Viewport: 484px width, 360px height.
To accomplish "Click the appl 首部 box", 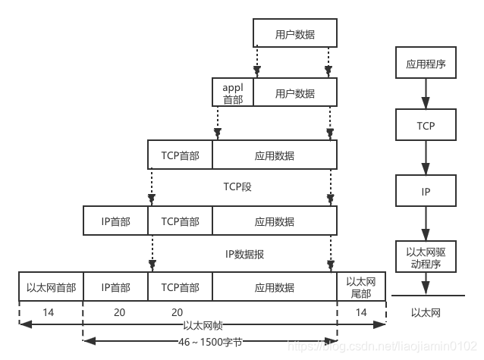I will [233, 93].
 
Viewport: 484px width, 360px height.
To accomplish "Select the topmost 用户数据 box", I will [295, 34].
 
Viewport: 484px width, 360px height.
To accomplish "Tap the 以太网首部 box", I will [51, 287].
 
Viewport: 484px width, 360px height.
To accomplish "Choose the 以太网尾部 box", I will [361, 287].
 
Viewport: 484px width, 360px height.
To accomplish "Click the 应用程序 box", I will [426, 64].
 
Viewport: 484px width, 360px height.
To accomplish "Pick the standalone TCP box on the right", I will [426, 125].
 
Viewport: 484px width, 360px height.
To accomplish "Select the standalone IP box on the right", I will [426, 192].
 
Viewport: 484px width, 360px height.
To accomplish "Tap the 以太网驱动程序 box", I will [426, 258].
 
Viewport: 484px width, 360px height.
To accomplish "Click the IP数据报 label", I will [244, 254].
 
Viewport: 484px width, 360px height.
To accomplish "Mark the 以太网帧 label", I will [203, 324].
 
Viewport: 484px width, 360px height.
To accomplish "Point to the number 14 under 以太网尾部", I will [361, 312].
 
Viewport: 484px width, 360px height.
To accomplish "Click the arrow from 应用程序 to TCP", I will [426, 94].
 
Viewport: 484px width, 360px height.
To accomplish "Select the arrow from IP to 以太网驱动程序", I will [426, 225].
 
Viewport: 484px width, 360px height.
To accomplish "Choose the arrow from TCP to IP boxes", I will [426, 158].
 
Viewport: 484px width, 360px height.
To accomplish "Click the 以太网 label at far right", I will [426, 312].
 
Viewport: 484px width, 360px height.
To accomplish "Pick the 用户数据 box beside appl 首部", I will [295, 93].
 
